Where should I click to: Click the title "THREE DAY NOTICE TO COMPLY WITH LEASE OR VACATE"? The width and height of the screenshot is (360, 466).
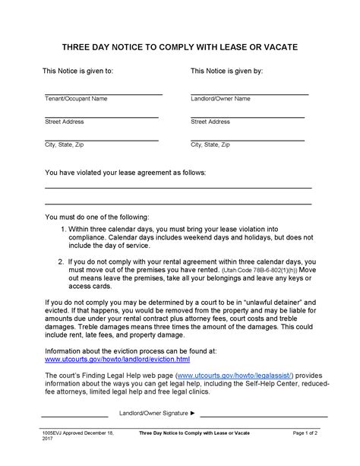(180, 47)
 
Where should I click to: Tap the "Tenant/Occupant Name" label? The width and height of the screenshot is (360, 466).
(76, 99)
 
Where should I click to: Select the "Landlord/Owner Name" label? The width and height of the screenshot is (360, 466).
(220, 99)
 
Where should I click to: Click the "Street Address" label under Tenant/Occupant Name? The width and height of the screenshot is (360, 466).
(64, 122)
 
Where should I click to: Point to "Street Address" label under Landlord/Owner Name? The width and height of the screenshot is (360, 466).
(210, 122)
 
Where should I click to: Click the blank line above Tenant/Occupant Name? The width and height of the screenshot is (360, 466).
(103, 94)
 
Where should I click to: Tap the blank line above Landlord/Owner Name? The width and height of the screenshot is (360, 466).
(249, 94)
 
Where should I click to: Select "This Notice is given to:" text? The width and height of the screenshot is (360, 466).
(78, 71)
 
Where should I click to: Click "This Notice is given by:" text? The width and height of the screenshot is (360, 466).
(226, 71)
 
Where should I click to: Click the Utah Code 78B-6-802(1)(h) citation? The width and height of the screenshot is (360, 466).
(257, 270)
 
